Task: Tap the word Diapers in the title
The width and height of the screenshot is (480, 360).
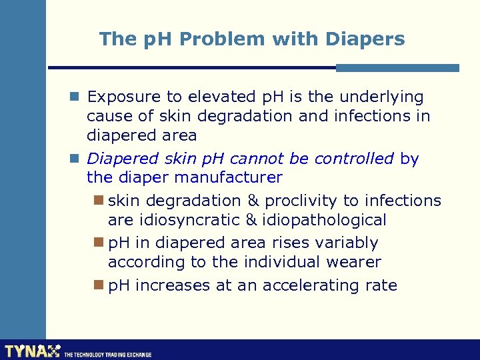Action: click(x=366, y=39)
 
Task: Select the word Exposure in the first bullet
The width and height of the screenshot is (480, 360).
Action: click(x=120, y=97)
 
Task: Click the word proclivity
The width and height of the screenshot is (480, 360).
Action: click(x=301, y=201)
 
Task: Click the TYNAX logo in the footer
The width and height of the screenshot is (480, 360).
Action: click(x=32, y=351)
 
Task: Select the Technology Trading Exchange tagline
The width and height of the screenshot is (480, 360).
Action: click(x=107, y=355)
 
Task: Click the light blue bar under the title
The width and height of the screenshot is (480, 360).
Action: click(x=397, y=68)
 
